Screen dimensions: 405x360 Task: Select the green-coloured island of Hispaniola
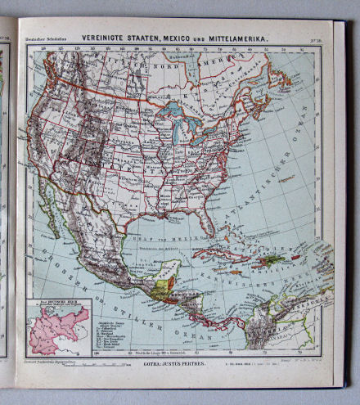point(271,259)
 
